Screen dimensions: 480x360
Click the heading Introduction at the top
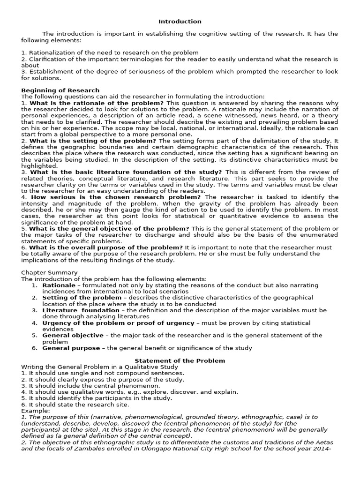180,22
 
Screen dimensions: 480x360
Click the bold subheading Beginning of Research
60,90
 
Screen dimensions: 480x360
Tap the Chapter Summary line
49,272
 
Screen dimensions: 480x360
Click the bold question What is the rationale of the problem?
97,103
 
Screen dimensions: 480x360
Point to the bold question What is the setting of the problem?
93,141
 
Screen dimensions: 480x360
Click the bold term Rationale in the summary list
59,285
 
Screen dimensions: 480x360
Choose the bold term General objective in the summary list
73,335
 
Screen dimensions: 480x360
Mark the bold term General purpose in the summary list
71,348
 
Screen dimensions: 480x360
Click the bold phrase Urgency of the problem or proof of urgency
118,323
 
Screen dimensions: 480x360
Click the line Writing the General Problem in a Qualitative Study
99,367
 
